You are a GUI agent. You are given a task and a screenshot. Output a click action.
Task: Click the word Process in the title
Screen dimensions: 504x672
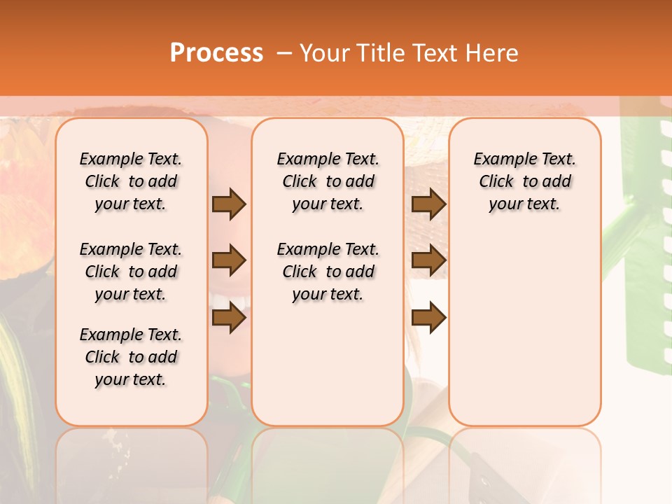216,52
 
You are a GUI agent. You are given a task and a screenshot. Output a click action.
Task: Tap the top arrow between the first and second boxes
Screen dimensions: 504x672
229,204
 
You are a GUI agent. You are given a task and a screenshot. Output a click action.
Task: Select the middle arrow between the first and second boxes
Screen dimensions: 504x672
229,260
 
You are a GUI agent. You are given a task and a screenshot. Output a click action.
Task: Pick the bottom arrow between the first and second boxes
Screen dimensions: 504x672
229,317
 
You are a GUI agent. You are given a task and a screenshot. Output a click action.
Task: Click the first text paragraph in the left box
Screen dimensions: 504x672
131,181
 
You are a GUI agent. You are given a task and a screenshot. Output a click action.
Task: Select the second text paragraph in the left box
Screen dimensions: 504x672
131,272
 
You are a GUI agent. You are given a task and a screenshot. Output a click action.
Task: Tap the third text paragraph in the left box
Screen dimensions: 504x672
131,357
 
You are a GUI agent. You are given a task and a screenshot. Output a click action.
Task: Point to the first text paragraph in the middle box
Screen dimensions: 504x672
328,181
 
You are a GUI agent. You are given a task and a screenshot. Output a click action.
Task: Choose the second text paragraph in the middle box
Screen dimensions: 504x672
328,272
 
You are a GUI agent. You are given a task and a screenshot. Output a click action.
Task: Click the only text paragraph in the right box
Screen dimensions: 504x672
524,181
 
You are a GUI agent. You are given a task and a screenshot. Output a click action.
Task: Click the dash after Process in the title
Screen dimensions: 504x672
284,52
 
